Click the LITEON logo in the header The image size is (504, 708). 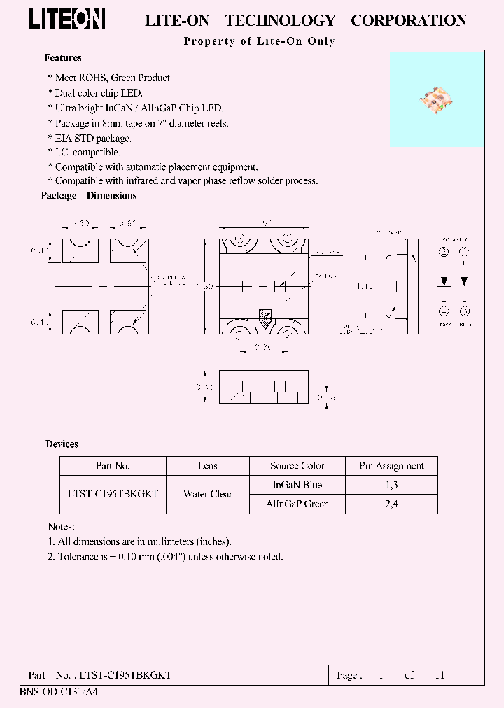click(x=67, y=20)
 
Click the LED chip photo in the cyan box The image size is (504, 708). click(x=437, y=101)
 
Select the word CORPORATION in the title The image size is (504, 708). click(x=408, y=21)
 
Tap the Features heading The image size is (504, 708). click(x=63, y=58)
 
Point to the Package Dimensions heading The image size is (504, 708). click(x=89, y=196)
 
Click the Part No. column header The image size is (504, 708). click(x=113, y=466)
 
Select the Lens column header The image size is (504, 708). click(x=208, y=466)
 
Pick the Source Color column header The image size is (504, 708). click(x=297, y=466)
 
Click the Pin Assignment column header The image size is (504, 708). click(x=391, y=466)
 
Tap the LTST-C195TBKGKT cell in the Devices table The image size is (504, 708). click(x=113, y=494)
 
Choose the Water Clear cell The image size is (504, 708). click(x=208, y=494)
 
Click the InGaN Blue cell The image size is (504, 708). click(x=297, y=485)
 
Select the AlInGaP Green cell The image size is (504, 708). click(x=297, y=504)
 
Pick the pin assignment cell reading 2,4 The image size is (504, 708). click(x=391, y=504)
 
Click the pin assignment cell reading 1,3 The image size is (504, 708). click(x=391, y=485)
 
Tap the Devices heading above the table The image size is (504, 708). click(x=62, y=444)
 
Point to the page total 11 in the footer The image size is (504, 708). click(x=440, y=675)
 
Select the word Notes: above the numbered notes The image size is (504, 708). click(x=61, y=526)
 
